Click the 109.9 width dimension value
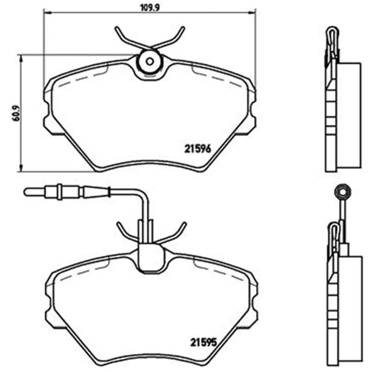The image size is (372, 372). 150,7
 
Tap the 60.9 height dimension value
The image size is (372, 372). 17,113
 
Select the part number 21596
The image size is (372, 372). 198,149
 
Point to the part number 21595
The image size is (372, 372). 204,342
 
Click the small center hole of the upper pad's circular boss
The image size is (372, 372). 149,62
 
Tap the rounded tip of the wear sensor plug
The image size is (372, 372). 26,192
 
